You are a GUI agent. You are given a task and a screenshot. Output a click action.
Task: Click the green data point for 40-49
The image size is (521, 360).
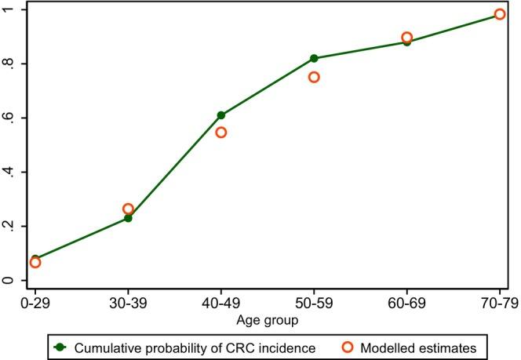coord(221,115)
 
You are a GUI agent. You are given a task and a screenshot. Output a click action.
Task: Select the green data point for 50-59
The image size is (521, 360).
coord(314,58)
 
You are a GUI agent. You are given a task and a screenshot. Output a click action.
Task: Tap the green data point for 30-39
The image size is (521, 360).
coord(128,218)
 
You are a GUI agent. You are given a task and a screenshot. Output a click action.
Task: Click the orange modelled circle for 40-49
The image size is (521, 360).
coord(221,133)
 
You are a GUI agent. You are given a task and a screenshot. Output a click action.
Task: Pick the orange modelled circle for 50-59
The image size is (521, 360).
coord(314,77)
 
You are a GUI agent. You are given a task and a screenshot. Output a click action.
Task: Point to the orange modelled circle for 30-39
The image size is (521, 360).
coord(128,209)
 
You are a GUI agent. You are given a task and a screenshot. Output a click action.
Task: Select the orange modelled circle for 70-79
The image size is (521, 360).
coord(500,14)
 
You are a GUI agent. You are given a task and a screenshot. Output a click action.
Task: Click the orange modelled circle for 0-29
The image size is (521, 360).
coord(35,262)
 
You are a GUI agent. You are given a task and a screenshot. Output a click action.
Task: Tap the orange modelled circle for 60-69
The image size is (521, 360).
coord(406,38)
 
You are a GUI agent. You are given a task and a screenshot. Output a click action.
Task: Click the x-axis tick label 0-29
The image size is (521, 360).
coord(35,302)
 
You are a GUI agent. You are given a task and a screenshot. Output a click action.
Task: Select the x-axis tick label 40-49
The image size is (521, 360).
coord(221,302)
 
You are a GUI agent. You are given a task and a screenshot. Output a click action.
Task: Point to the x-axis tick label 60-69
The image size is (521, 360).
coord(406,302)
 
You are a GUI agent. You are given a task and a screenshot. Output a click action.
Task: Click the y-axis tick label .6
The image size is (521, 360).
coord(9,118)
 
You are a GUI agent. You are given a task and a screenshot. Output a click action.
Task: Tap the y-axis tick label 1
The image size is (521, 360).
coord(9,9)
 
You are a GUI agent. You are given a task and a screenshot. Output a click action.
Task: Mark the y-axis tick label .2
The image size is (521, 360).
coord(9,226)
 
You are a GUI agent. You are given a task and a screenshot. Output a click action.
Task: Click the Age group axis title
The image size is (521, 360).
coord(268,319)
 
